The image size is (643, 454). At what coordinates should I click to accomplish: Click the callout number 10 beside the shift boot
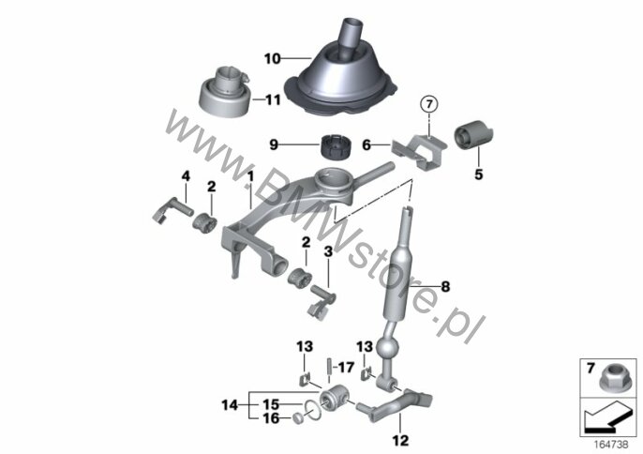click(x=273, y=59)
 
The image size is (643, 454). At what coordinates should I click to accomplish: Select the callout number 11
click(x=273, y=99)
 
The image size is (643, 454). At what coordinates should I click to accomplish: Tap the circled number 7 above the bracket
click(x=429, y=105)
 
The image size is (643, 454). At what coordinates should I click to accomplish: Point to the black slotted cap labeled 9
click(x=335, y=147)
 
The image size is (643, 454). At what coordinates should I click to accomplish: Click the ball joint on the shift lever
click(x=387, y=350)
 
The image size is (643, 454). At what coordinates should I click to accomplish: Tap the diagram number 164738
click(x=611, y=444)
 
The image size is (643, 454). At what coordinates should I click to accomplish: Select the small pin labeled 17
click(x=329, y=365)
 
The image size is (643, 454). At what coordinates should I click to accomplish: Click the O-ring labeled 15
click(x=312, y=411)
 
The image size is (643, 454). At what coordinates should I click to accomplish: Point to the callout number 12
click(x=400, y=441)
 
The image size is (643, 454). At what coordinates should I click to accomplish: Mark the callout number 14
click(x=230, y=405)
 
